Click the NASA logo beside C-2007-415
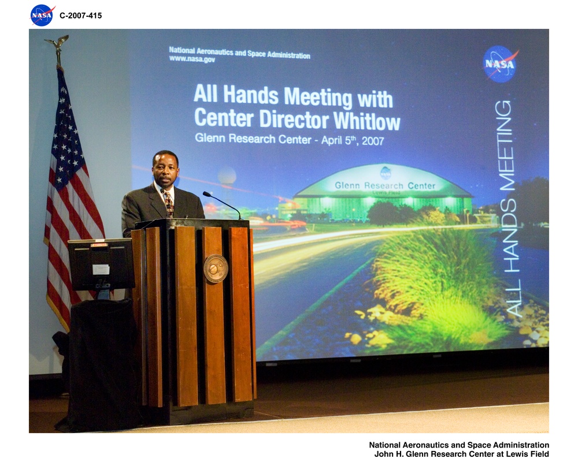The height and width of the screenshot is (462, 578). [x=42, y=15]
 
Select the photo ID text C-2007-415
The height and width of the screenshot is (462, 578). [x=80, y=16]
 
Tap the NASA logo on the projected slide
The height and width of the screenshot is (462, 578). [x=500, y=64]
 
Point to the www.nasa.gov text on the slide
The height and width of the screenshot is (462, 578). [x=192, y=59]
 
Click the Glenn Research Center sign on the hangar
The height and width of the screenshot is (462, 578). [x=385, y=186]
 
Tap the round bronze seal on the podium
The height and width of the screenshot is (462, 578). [x=216, y=269]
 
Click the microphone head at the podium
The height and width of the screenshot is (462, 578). [x=206, y=195]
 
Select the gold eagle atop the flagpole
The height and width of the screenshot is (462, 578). [x=57, y=44]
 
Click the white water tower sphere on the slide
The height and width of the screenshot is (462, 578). [x=227, y=174]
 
